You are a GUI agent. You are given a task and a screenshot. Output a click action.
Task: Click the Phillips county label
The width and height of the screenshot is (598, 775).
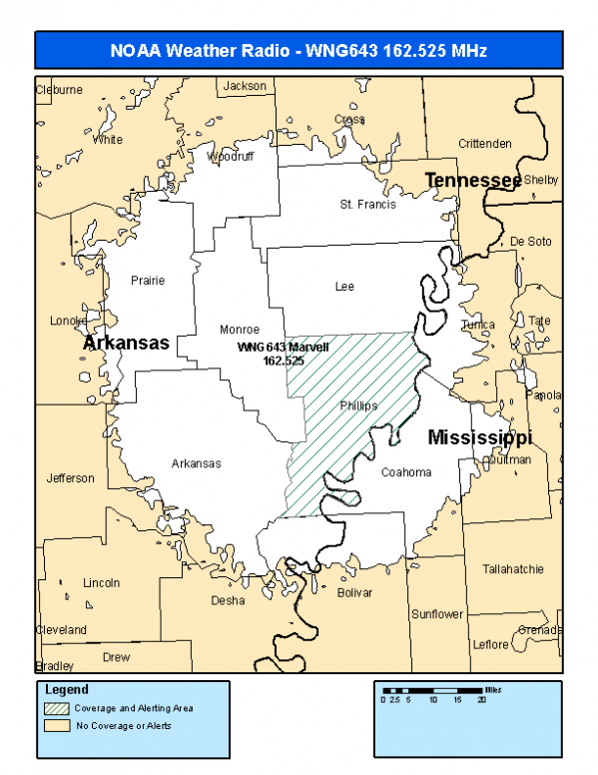pos(358,406)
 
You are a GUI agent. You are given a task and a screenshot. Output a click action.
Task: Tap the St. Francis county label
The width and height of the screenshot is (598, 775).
pos(367,205)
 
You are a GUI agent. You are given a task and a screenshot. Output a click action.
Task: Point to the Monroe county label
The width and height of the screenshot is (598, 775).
pos(240,330)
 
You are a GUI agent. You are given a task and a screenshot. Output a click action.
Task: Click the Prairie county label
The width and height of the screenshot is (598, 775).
pos(148,281)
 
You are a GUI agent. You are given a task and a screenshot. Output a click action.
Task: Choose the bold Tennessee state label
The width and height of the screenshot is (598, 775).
pos(473,180)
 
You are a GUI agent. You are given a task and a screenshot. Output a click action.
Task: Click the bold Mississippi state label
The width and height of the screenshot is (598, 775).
pos(479,438)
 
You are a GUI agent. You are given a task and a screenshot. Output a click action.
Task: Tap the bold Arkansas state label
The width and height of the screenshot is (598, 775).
pos(127,344)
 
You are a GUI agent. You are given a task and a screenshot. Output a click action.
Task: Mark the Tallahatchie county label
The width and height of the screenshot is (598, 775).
pos(513,569)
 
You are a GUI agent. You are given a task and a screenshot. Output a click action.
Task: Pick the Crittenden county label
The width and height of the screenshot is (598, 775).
pos(484,144)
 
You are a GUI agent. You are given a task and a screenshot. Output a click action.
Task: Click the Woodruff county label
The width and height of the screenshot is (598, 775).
pos(231,157)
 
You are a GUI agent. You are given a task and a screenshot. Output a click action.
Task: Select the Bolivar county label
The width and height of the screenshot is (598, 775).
pos(354,592)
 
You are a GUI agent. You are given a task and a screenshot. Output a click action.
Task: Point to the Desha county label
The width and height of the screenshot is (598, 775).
pos(228,600)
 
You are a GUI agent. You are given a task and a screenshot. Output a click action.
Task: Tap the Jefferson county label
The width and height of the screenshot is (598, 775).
pos(71,478)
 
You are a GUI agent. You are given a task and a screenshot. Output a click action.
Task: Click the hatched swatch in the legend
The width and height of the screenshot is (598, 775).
pos(57,708)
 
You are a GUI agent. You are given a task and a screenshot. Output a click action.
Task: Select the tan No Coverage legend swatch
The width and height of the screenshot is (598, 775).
pos(57,726)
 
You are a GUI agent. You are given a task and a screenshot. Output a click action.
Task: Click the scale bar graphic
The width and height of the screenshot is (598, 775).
pos(434,690)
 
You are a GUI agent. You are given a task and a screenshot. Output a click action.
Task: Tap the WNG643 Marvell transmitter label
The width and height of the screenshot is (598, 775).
pos(283,354)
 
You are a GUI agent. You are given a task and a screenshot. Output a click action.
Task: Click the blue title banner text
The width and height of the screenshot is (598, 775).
pos(298,49)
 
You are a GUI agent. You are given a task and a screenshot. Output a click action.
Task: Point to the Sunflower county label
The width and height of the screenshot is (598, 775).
pos(437,614)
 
